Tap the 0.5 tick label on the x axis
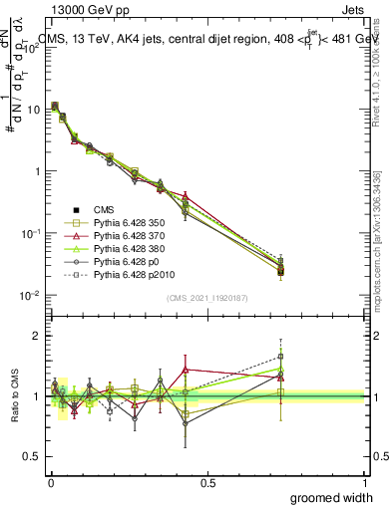point(207,483)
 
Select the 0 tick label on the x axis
point(50,483)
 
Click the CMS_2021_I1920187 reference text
point(207,299)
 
